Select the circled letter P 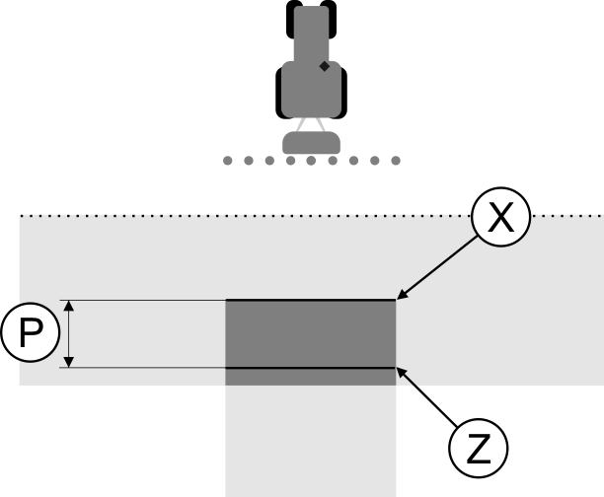[31, 334]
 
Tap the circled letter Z [479, 450]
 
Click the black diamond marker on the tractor [324, 67]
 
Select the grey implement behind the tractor [312, 142]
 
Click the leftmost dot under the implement [228, 160]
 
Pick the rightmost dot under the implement [396, 160]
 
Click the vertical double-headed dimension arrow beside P [68, 334]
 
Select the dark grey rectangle [311, 333]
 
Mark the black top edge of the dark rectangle [311, 300]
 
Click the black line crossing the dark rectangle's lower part [311, 368]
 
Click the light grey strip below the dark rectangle [311, 440]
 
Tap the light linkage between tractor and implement [312, 124]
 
